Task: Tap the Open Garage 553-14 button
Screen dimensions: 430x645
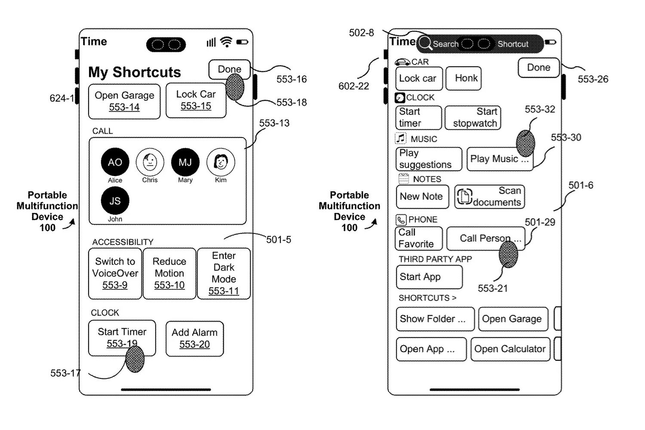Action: pos(124,101)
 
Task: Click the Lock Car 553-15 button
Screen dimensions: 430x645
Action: pos(196,100)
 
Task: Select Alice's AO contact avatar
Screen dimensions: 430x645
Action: pos(115,162)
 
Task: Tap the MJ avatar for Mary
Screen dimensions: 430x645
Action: pos(185,162)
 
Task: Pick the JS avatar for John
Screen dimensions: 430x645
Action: pos(115,201)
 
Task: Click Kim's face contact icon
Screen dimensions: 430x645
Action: pos(221,162)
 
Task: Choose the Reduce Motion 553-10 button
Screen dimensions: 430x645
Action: pos(169,273)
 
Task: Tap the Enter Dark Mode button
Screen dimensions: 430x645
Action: pos(224,273)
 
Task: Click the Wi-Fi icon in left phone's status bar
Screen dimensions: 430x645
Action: pos(226,42)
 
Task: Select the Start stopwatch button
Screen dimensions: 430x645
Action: pos(473,117)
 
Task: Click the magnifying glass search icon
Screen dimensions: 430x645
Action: pos(425,43)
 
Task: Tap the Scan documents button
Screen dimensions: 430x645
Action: pos(489,197)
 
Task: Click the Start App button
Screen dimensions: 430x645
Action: pos(429,277)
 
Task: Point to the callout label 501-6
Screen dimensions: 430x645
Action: pos(580,185)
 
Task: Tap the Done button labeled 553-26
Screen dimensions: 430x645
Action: pos(538,68)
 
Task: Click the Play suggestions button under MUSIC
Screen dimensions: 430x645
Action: pos(429,159)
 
